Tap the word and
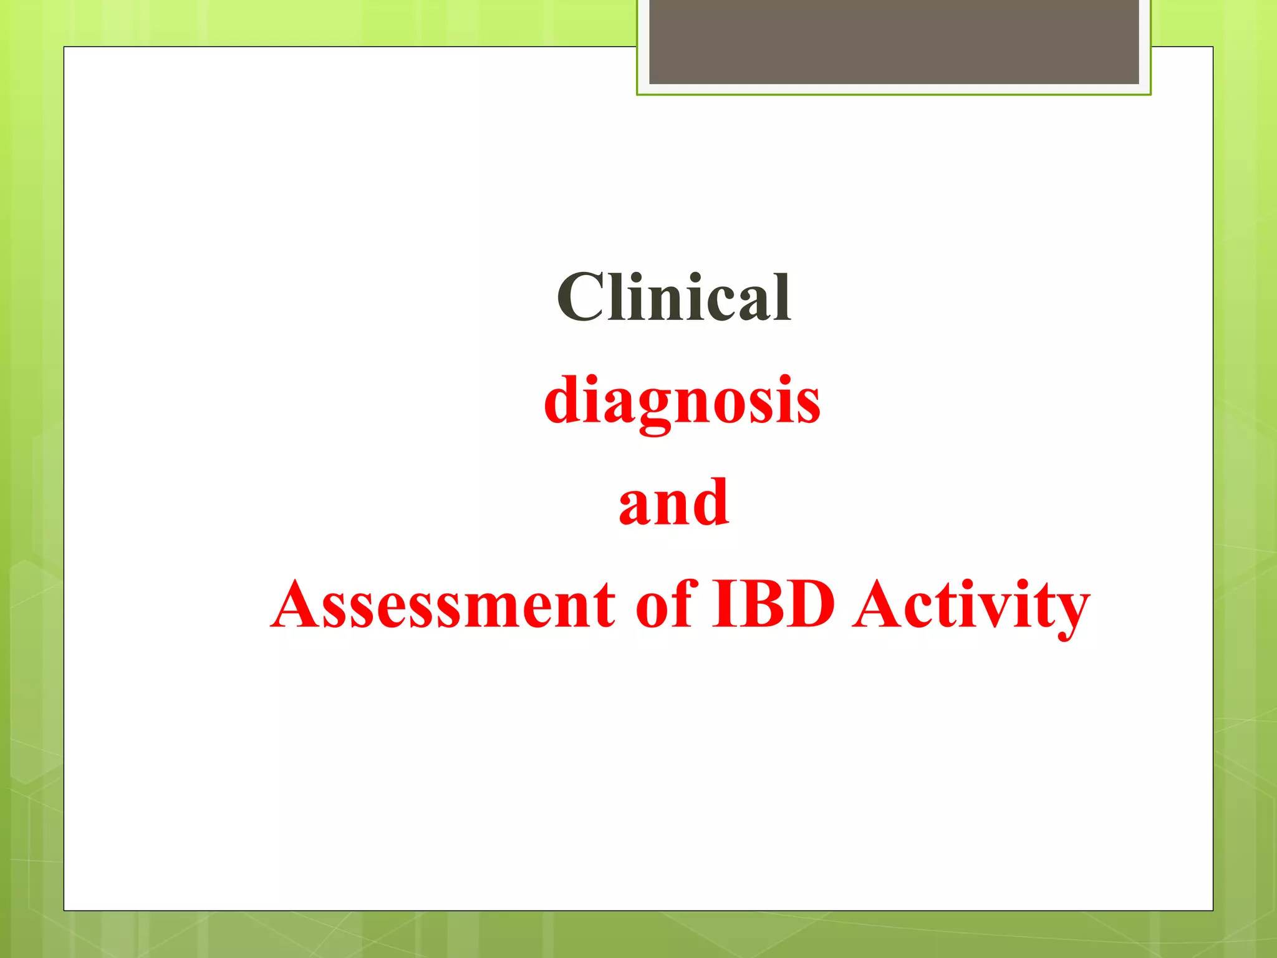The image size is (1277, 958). pyautogui.click(x=673, y=502)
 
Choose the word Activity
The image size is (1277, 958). pyautogui.click(x=971, y=605)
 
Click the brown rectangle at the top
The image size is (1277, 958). pyautogui.click(x=894, y=41)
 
